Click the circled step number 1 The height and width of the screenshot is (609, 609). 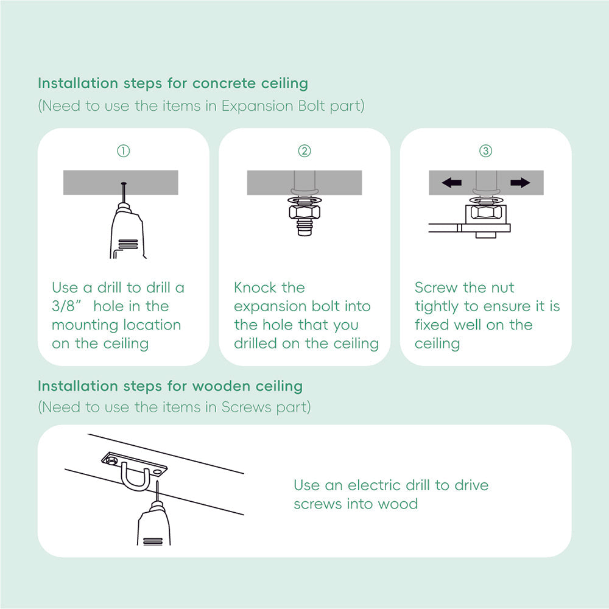(123, 151)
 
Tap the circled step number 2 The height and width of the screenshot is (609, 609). (304, 151)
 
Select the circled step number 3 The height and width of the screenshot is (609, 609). (485, 151)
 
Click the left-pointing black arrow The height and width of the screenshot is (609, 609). (451, 183)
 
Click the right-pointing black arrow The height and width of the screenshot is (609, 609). (520, 183)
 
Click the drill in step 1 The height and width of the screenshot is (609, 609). (128, 231)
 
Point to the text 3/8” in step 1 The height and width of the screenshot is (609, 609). (68, 306)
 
